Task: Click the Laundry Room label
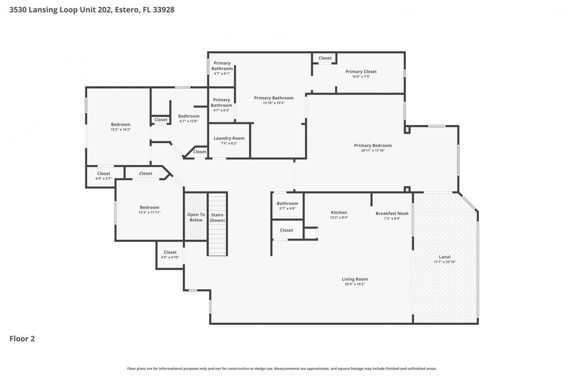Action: tap(225, 138)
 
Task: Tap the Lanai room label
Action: tap(441, 257)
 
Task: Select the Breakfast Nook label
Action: tap(392, 213)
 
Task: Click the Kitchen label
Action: tap(339, 213)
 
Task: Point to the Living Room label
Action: tap(355, 279)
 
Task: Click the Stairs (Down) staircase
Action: tap(217, 224)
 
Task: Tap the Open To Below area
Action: tap(195, 217)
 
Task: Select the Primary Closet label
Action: tap(361, 72)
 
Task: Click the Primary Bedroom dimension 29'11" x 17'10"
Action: tap(372, 150)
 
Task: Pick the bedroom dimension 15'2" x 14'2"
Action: tap(121, 129)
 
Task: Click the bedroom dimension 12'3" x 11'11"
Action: tap(149, 213)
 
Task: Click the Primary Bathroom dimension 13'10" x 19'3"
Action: tap(274, 103)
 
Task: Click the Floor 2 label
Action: tap(22, 338)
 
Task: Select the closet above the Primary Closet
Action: tap(325, 58)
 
